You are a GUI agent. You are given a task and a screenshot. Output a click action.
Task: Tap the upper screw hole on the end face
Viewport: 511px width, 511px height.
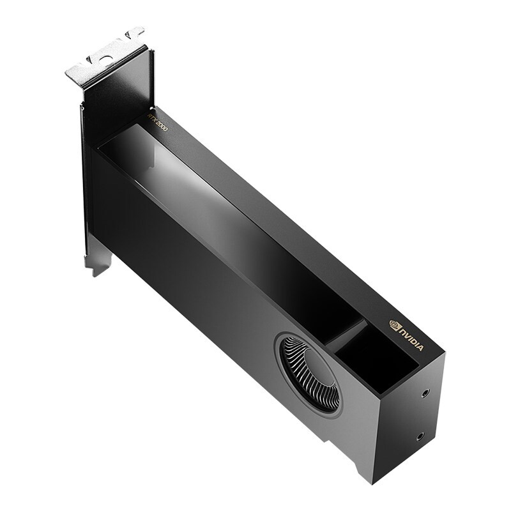[426, 393]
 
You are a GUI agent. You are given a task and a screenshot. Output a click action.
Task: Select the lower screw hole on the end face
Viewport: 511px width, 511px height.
[419, 437]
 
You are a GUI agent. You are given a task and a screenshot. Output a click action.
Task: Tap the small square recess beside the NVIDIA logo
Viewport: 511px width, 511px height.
[377, 361]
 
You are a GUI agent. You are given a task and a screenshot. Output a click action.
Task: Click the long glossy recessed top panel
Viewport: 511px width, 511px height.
[224, 211]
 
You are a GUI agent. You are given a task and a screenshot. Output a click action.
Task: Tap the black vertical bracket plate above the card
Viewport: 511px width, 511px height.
[118, 96]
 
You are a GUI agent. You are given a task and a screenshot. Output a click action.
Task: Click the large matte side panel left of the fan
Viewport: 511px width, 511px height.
[185, 268]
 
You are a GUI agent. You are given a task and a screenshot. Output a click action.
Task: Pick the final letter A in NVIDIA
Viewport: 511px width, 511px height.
[420, 347]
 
